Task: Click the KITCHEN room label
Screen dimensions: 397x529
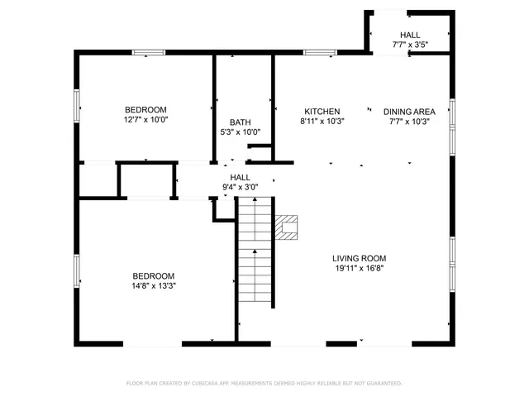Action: [x=322, y=112]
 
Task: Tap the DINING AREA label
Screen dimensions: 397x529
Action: [x=409, y=112]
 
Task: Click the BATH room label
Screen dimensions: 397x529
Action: [x=240, y=122]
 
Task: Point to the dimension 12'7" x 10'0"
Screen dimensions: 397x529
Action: [x=145, y=120]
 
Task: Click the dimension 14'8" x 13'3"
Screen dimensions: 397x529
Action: [x=154, y=286]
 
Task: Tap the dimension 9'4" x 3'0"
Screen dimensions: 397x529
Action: [x=240, y=187]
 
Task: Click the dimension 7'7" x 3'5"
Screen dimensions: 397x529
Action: [x=409, y=45]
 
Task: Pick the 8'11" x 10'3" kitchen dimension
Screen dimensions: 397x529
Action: [x=322, y=121]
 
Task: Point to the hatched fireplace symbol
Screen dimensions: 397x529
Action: [x=286, y=227]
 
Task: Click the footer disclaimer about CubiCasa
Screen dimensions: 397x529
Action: [x=264, y=383]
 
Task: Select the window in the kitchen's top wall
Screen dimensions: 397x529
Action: [x=319, y=53]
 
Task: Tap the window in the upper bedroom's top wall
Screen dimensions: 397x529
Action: [x=147, y=54]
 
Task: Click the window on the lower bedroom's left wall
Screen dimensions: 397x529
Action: [x=77, y=270]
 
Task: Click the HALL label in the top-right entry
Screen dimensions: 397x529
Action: [x=409, y=35]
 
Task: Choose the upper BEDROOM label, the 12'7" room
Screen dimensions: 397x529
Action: [x=145, y=110]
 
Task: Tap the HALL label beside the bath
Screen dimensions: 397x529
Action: [x=240, y=177]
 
